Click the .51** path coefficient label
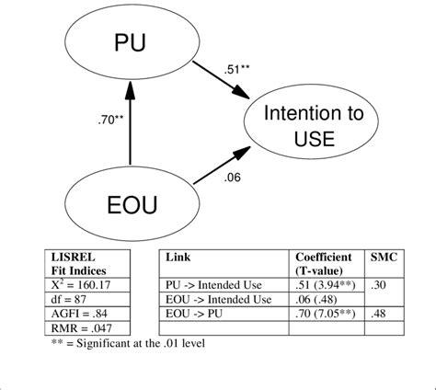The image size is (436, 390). tap(237, 68)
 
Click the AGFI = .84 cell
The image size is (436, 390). tap(76, 313)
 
